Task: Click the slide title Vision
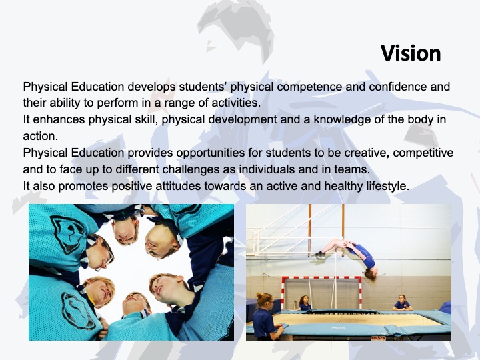point(411,53)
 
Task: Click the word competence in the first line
point(309,87)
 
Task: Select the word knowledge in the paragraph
point(342,119)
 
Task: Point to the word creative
point(367,153)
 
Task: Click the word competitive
point(423,153)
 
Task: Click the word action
point(41,136)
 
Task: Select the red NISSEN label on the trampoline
point(378,338)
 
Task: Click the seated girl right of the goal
point(401,303)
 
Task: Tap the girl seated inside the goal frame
point(304,303)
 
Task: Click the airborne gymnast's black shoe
point(319,255)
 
